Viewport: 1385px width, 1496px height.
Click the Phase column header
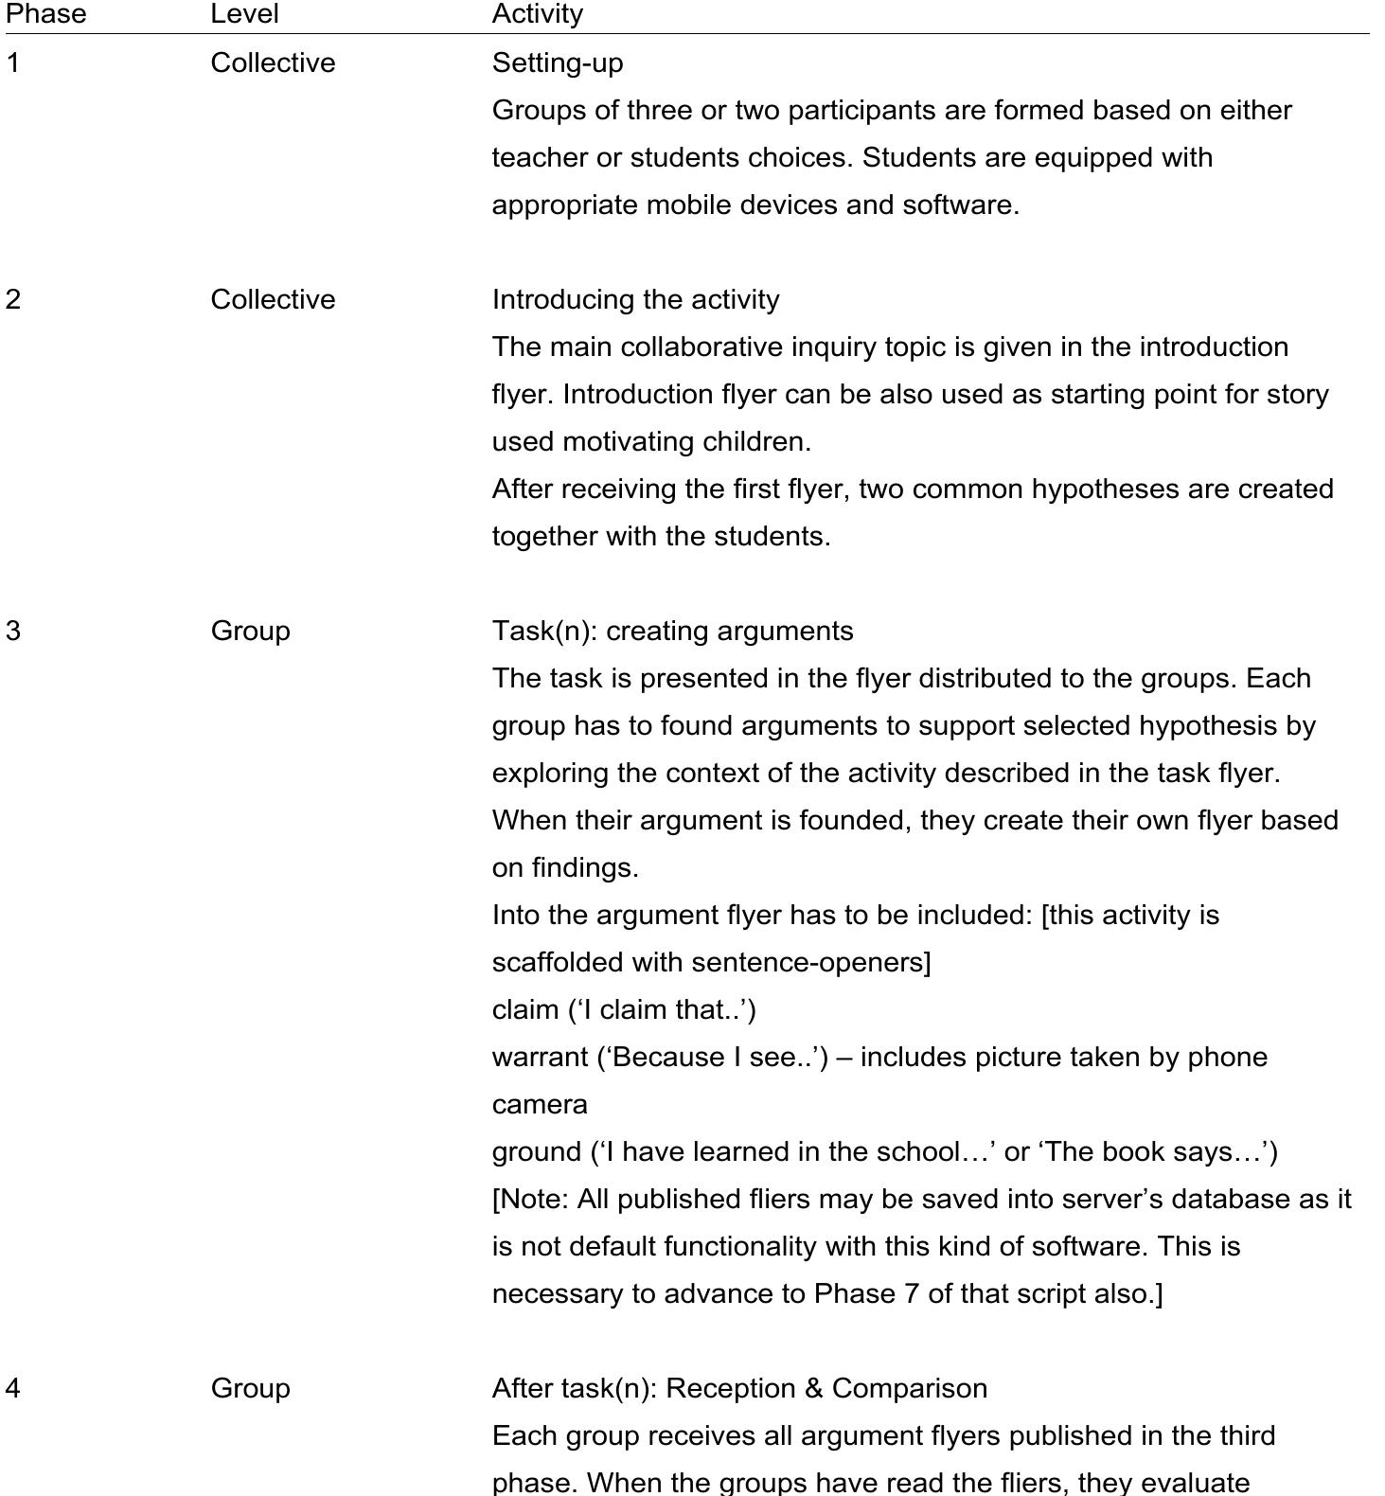(x=45, y=14)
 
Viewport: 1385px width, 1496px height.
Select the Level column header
(x=244, y=14)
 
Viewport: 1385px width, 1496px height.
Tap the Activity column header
(x=537, y=14)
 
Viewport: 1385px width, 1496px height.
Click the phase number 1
(x=12, y=63)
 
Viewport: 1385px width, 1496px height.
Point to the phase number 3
(x=12, y=632)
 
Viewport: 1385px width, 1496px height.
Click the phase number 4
(x=12, y=1389)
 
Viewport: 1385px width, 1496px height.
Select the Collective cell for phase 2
(x=273, y=300)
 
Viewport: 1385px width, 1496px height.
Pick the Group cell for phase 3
(x=250, y=632)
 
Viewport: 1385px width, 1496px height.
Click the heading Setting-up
(x=558, y=63)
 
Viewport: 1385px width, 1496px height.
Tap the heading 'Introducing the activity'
(x=635, y=300)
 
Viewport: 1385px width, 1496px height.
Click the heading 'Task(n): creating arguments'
(x=672, y=632)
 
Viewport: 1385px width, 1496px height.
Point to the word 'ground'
(x=536, y=1152)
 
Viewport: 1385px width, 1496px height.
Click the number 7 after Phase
(x=910, y=1294)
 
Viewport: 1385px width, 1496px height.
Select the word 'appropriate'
(x=564, y=205)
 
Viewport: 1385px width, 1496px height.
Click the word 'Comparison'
(x=909, y=1389)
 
